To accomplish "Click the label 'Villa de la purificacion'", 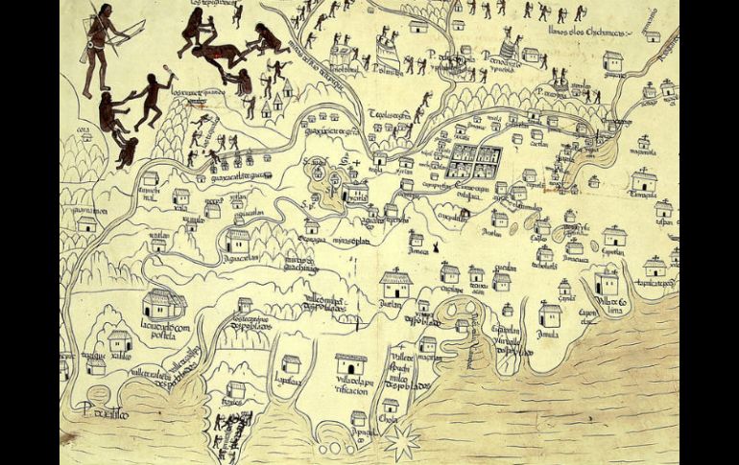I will (351, 385).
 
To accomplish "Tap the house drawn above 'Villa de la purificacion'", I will (350, 364).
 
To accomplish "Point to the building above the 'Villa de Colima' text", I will (606, 283).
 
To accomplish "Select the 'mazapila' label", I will (642, 151).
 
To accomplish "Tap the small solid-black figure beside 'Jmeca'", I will (438, 249).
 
